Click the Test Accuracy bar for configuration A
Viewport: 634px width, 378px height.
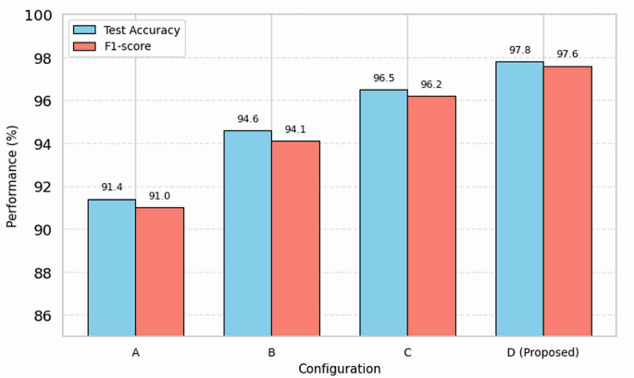(111, 267)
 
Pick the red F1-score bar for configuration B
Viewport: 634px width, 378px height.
(295, 238)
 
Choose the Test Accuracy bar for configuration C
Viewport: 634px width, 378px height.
(383, 213)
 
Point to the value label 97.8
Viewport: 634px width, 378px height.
(519, 50)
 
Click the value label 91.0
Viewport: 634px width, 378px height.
(159, 196)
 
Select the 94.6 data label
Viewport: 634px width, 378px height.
(247, 119)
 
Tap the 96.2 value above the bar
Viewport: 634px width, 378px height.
(431, 85)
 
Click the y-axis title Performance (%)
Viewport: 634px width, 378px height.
(12, 176)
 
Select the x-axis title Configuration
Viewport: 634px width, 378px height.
(339, 369)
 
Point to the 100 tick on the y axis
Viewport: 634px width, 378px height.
(39, 16)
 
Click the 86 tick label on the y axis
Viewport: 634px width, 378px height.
(43, 316)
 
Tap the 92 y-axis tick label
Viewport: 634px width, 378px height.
(43, 187)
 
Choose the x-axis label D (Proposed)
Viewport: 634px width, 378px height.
(543, 352)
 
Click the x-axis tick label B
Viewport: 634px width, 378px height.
(271, 352)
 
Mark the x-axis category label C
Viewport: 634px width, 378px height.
(407, 352)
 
